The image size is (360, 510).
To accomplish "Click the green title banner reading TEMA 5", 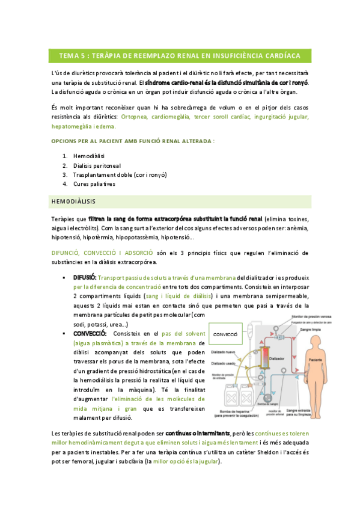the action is coord(180,56).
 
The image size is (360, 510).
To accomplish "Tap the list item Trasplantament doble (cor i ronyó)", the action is coord(120,174).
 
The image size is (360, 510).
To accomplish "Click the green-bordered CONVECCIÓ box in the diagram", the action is coord(226,333).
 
